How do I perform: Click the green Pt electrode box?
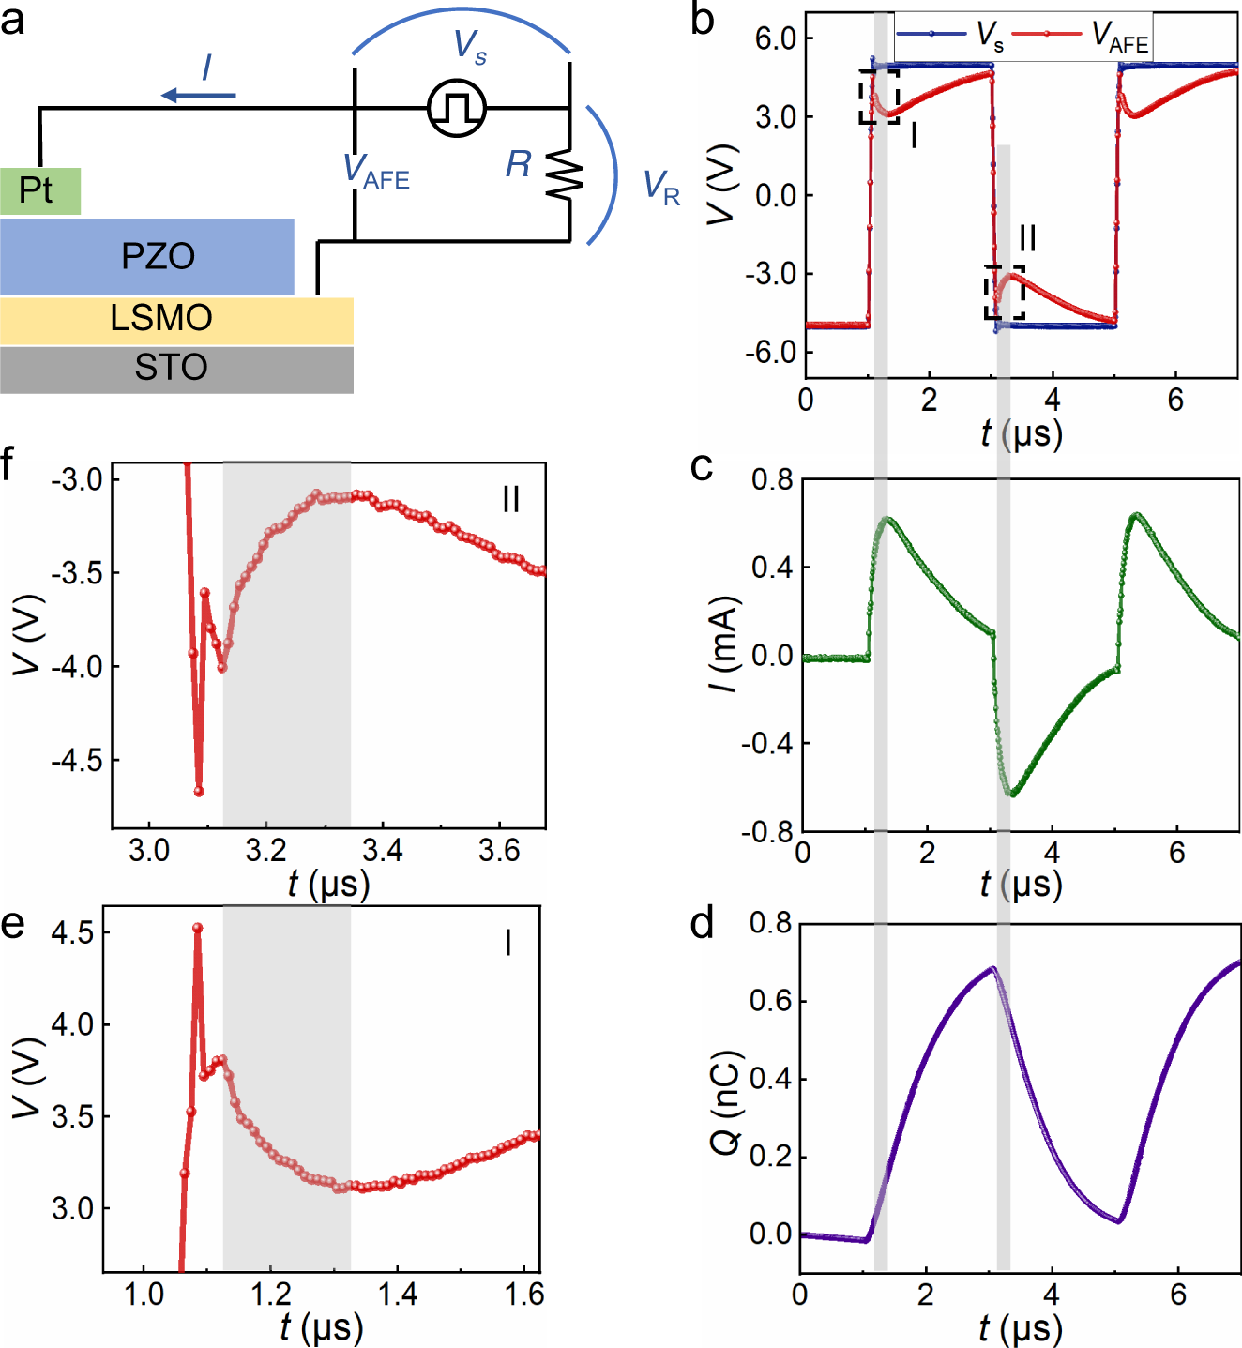pos(40,191)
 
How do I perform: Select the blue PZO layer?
pos(147,257)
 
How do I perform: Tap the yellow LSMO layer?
pos(176,319)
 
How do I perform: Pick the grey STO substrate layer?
pos(176,369)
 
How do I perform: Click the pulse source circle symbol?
pos(457,108)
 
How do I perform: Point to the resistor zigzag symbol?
pos(568,174)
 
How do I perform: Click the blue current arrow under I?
pos(199,95)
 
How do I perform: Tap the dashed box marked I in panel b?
pos(879,97)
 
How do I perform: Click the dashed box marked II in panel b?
pos(1005,293)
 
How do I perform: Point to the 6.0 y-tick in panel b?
pos(776,38)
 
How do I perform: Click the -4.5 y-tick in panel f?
pos(77,760)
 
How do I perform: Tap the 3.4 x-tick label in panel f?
pos(382,851)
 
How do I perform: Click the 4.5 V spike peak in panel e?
pos(198,928)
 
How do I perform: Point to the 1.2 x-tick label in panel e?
pos(270,1295)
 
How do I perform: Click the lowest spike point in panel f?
pos(199,792)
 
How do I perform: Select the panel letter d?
pos(702,923)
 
